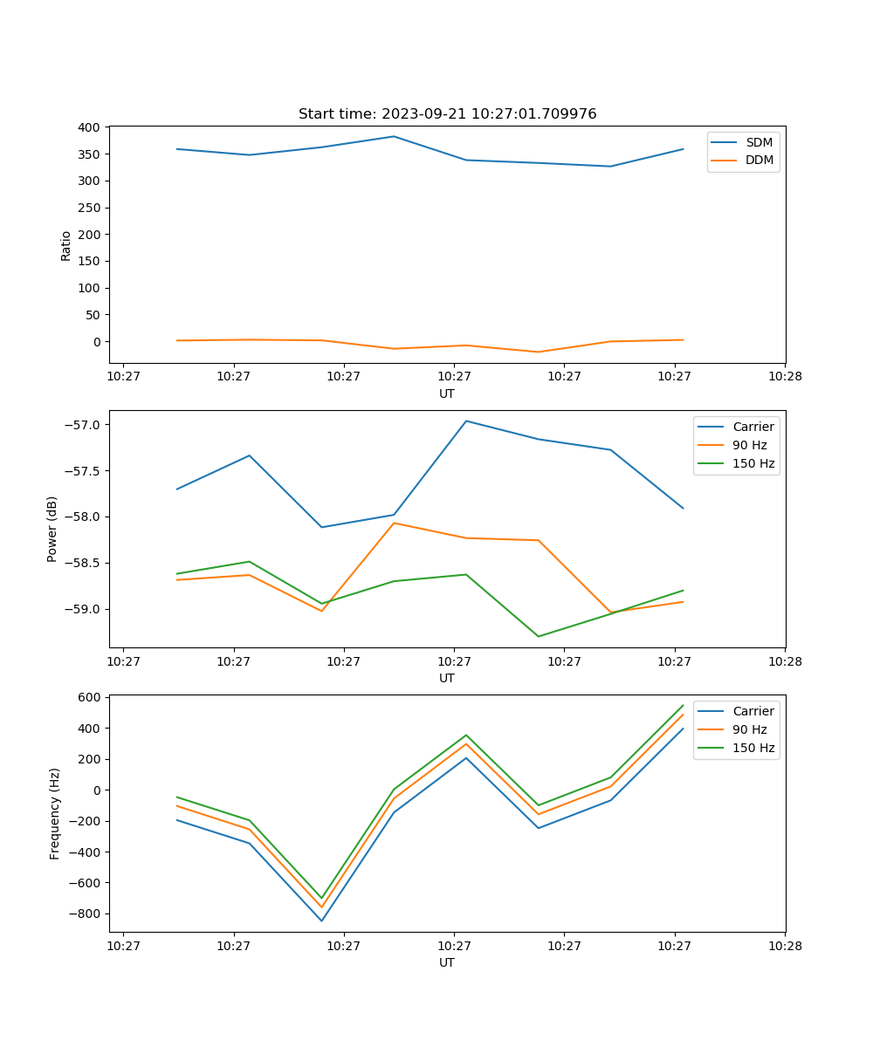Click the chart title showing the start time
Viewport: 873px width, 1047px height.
tap(447, 114)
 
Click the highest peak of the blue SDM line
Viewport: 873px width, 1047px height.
tap(394, 136)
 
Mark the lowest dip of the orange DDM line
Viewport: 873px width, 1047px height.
tap(538, 352)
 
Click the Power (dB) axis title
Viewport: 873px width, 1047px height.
tap(52, 529)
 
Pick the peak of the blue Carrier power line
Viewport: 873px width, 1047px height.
tap(466, 421)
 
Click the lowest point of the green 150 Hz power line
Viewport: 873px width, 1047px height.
tap(538, 636)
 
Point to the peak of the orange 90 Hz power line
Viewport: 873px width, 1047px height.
tap(394, 523)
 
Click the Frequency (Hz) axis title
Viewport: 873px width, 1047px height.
tap(55, 813)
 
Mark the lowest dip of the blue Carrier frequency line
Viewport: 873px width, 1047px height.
tap(321, 920)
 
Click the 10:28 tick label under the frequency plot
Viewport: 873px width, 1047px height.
tap(784, 946)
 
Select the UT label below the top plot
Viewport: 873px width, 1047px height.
tap(447, 393)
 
